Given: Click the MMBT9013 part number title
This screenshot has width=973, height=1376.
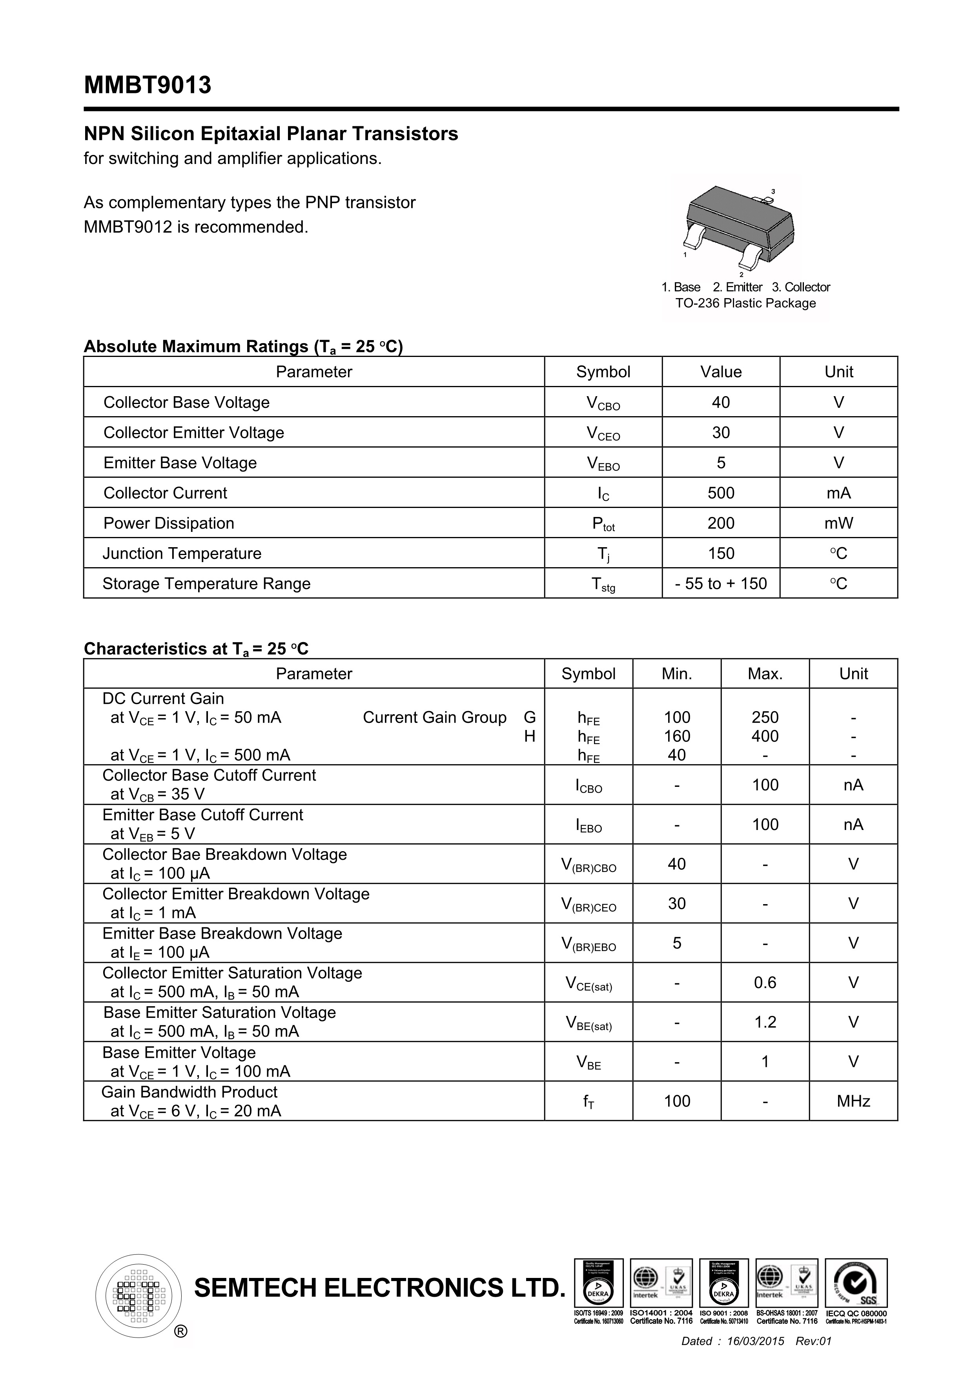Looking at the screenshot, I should (x=148, y=85).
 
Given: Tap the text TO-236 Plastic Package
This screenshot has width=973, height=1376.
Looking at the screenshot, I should (x=745, y=303).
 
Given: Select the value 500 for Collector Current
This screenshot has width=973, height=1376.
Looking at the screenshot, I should (x=721, y=493).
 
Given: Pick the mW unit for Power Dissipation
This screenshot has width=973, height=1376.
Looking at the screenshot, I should (x=838, y=523).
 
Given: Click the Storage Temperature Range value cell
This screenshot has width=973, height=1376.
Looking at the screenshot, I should (x=721, y=584).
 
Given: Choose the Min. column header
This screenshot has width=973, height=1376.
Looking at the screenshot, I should (x=676, y=673).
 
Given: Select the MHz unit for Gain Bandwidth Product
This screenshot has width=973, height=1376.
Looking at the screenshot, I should (x=853, y=1101).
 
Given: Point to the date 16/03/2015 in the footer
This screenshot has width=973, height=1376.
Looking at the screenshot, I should (x=755, y=1341).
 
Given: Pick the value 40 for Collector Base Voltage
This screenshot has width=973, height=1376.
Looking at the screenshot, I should (x=721, y=403).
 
